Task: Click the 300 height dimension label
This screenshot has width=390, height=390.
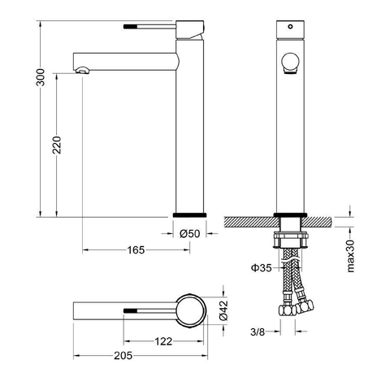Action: [x=41, y=77]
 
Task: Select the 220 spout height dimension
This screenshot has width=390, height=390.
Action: [x=57, y=145]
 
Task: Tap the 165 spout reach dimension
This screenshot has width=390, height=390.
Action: [x=136, y=250]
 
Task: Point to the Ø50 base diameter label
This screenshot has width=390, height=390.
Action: [x=189, y=233]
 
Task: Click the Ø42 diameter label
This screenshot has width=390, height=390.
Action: [x=224, y=310]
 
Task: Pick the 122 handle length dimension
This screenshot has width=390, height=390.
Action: [x=163, y=341]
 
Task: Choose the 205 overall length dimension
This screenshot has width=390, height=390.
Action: [x=123, y=356]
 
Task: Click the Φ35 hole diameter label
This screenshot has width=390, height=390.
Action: [x=261, y=268]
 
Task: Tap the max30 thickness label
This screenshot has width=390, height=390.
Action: [x=351, y=256]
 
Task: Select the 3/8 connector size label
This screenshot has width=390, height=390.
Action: [x=258, y=331]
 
